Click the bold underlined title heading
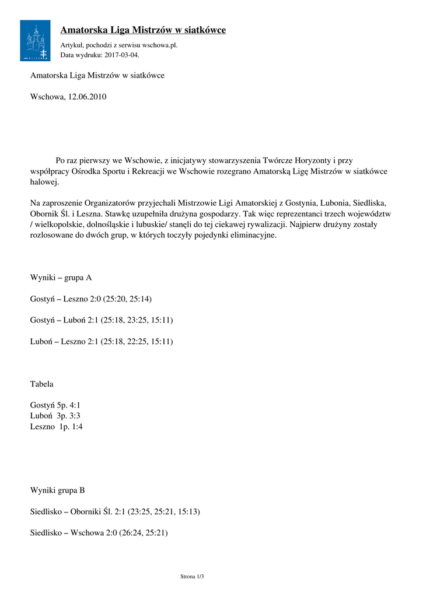click(x=143, y=30)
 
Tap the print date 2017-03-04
click(x=122, y=55)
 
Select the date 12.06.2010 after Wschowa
click(x=87, y=97)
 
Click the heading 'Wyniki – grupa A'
click(x=61, y=278)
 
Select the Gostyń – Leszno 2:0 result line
click(x=90, y=299)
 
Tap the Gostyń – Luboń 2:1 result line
click(x=101, y=320)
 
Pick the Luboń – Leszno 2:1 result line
click(x=101, y=341)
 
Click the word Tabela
click(x=42, y=384)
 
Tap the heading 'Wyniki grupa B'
click(x=57, y=490)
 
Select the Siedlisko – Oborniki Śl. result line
click(x=115, y=511)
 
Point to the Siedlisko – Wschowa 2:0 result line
click(x=99, y=532)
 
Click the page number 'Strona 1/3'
click(x=192, y=577)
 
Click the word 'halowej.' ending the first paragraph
click(x=45, y=182)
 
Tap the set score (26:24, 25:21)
click(x=144, y=532)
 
